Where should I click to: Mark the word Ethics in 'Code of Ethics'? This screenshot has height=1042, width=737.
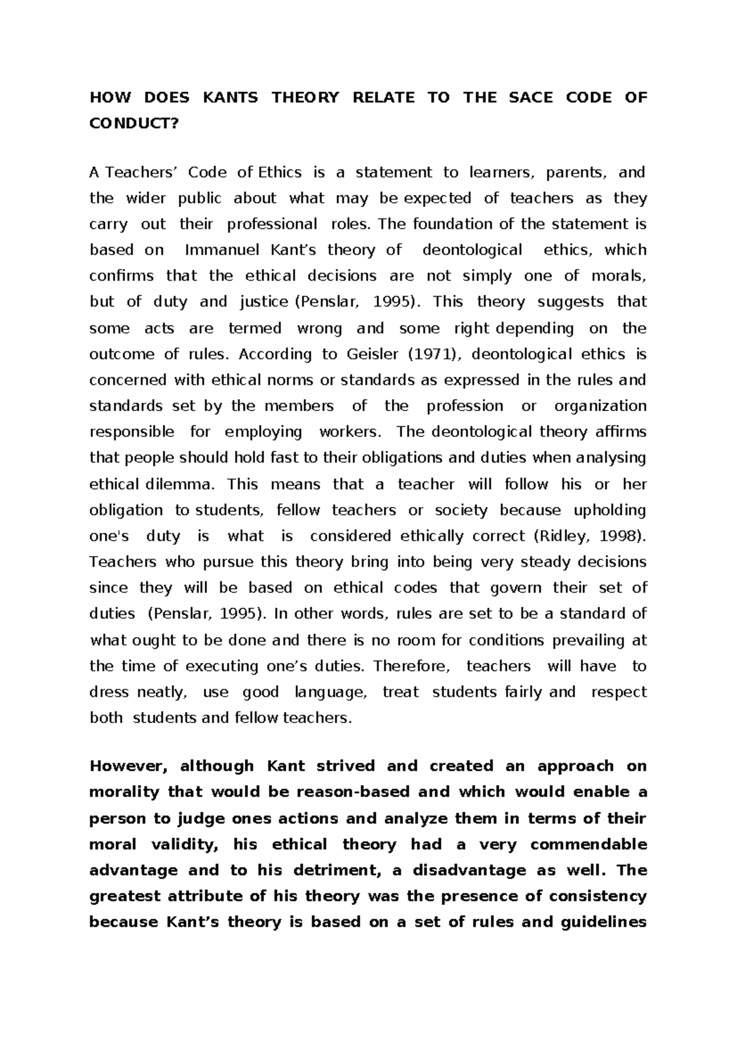[x=280, y=173]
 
